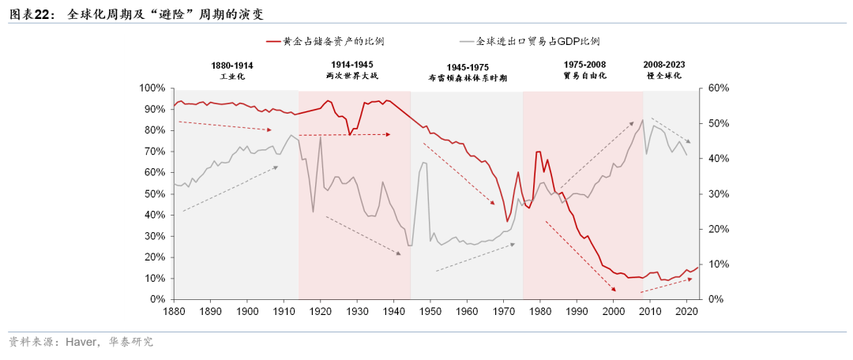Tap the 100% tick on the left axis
click(x=152, y=88)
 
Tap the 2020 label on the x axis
click(x=686, y=313)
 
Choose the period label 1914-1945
click(x=352, y=65)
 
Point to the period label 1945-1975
click(x=467, y=67)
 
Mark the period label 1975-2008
click(x=584, y=65)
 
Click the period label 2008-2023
click(x=663, y=65)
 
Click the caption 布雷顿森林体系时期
click(x=467, y=78)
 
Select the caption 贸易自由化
click(x=584, y=76)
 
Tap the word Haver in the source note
click(x=82, y=342)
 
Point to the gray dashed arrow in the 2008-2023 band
click(x=671, y=130)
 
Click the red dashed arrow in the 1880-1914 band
click(x=225, y=126)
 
